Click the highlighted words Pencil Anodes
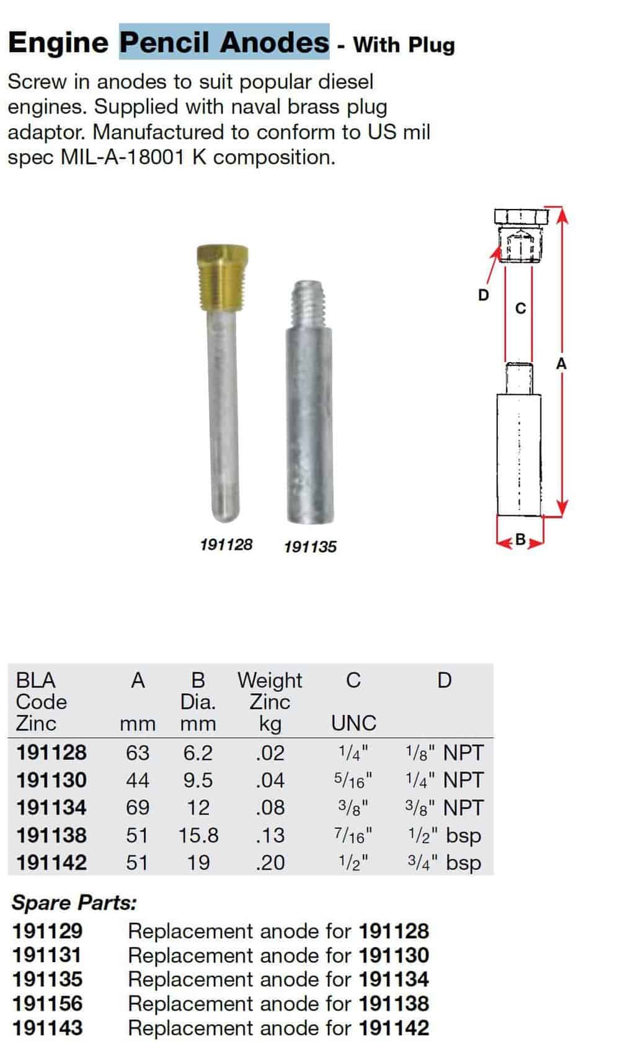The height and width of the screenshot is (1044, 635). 224,42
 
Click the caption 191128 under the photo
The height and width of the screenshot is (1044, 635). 226,544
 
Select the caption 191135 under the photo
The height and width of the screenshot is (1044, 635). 310,547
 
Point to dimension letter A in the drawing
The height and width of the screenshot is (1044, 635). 561,363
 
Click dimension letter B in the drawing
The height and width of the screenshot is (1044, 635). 521,539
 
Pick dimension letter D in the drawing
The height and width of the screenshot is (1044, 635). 484,295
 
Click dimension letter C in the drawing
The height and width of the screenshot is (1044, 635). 521,307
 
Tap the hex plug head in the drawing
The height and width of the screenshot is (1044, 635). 522,217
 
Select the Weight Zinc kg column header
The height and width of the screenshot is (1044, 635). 270,701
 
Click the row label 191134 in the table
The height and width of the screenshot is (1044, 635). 51,807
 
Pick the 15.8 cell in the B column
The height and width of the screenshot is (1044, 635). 198,835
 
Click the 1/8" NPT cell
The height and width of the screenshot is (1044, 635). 444,752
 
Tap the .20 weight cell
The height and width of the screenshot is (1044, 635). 270,862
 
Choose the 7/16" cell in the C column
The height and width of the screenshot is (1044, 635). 353,835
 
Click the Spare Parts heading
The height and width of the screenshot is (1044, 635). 74,903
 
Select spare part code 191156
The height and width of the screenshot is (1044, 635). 47,1003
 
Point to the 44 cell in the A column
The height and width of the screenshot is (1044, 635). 138,780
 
